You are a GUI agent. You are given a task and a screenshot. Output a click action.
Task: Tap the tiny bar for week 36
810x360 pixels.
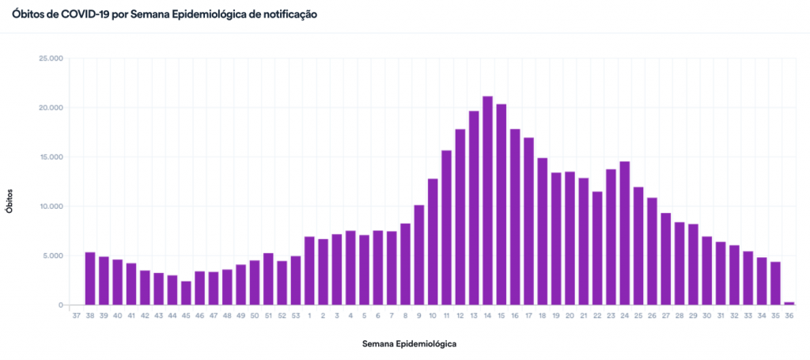789,303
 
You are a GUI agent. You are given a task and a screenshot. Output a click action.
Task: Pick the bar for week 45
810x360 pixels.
186,293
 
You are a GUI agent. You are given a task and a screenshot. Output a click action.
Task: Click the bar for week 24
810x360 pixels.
624,233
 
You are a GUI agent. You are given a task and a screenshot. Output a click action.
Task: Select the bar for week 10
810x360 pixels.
433,242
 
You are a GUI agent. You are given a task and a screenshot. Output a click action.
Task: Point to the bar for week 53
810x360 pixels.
296,281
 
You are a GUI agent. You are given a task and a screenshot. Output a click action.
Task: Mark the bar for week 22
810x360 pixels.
597,248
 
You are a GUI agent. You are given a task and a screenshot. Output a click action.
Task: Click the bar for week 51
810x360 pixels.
268,279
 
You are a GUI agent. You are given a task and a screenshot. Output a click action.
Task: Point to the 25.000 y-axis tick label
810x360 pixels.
50,59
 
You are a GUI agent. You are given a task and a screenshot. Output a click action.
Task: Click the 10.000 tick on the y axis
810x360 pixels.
50,207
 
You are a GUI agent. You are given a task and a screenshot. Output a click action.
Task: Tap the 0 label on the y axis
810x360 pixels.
61,305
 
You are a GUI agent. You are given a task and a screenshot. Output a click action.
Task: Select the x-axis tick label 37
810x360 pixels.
76,316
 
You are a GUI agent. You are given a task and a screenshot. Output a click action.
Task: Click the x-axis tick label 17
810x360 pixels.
528,316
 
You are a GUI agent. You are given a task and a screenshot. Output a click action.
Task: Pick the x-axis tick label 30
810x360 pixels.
706,316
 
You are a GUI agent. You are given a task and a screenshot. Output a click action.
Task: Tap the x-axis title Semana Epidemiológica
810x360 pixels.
409,344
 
